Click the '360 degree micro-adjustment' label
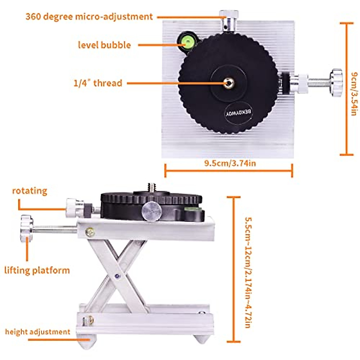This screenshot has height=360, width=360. (x=89, y=16)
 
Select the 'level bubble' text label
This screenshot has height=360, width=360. (x=104, y=45)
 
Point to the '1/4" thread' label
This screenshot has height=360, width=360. (x=98, y=83)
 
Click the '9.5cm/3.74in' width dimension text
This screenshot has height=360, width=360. (x=230, y=163)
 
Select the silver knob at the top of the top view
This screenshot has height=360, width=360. (x=229, y=18)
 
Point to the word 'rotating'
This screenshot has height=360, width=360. (x=30, y=191)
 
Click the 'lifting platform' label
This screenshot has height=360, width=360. (x=37, y=270)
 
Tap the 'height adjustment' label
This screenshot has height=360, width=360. (x=37, y=332)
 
